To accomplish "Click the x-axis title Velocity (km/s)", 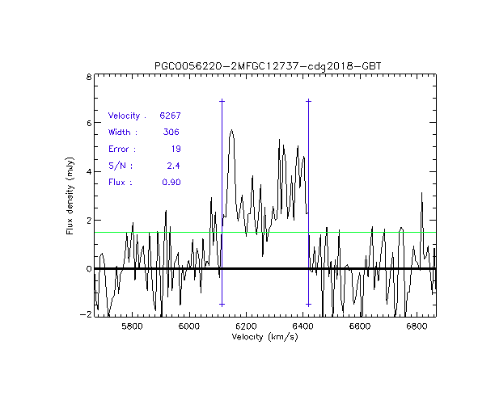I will coord(265,337).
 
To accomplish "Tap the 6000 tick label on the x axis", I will coord(188,326).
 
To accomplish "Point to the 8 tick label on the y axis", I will coord(87,78).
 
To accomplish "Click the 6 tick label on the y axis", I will coord(87,124).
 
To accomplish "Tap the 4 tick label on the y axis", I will coord(87,172).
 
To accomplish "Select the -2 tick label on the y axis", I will coord(85,315).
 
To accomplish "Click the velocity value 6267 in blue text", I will coord(170,116).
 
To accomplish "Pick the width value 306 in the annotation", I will coord(171,133).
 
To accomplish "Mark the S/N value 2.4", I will coord(173,166).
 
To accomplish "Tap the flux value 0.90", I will coord(171,183).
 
